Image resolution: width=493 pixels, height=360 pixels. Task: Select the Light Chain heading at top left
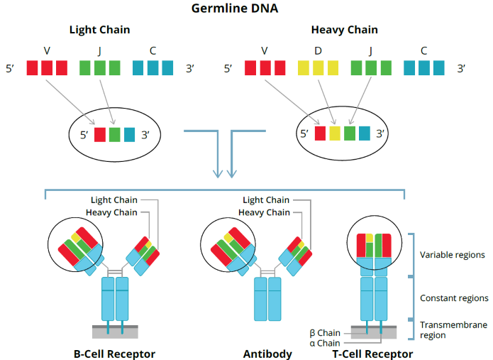[99, 30]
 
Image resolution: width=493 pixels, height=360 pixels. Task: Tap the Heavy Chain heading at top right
[344, 30]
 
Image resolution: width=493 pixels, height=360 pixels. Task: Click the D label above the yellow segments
[318, 50]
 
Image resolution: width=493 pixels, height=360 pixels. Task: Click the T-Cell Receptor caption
[373, 353]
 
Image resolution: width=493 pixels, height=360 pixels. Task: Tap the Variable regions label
[453, 254]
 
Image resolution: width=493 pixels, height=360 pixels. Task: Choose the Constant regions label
[454, 298]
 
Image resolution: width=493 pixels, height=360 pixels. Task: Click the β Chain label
[325, 332]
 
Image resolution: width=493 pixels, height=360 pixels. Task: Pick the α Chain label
[325, 343]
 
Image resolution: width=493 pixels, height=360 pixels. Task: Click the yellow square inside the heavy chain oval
[333, 133]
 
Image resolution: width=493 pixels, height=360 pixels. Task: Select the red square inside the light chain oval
[100, 133]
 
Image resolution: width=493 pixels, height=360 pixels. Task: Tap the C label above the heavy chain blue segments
[423, 50]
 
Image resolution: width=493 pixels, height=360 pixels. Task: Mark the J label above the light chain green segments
[100, 50]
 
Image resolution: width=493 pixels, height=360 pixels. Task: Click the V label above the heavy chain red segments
[265, 50]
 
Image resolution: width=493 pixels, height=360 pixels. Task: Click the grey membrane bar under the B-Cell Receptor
[115, 332]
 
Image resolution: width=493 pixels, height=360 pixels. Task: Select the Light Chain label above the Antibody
[266, 200]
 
